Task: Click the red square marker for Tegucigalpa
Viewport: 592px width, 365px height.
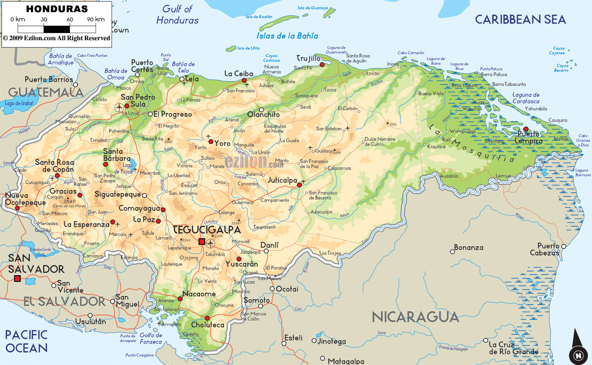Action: click(x=202, y=241)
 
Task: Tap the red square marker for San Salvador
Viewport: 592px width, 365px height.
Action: click(x=17, y=279)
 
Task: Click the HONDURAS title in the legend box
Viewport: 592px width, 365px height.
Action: click(x=57, y=9)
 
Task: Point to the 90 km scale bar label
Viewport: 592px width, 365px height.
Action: click(x=96, y=19)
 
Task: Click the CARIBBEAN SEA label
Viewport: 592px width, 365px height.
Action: click(x=520, y=20)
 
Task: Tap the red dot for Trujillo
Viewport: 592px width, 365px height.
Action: click(x=322, y=65)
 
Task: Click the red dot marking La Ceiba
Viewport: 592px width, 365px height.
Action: click(x=244, y=80)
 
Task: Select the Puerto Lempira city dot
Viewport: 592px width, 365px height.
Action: click(x=526, y=129)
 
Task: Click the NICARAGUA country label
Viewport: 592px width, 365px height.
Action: click(x=415, y=317)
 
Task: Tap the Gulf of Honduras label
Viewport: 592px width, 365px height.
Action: click(x=177, y=15)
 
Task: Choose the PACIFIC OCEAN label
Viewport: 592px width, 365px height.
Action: click(x=26, y=341)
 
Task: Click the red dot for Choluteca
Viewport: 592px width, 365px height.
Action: click(x=207, y=318)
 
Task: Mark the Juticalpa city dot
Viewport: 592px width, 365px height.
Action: click(x=299, y=185)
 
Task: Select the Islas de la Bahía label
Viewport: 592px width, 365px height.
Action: click(x=287, y=36)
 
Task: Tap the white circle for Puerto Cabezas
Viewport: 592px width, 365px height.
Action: click(x=564, y=246)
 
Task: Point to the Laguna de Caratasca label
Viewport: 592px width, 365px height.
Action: click(x=526, y=98)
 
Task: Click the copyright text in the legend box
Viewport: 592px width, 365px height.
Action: click(x=57, y=38)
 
